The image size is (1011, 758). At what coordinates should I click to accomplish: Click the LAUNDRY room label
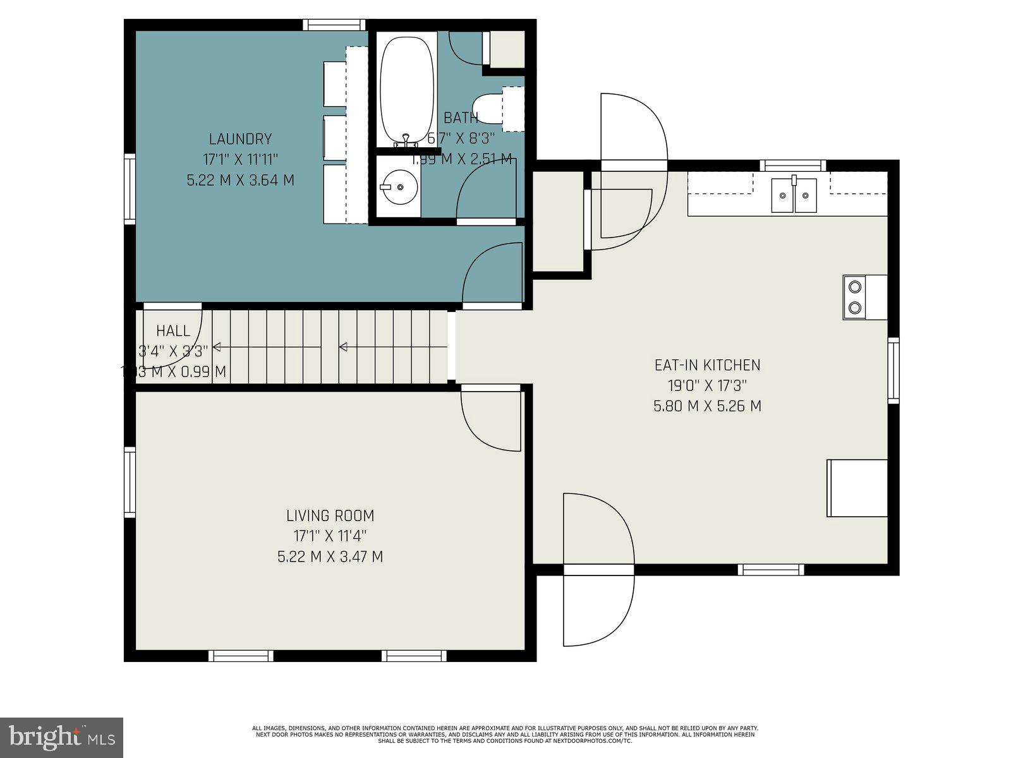[x=240, y=139]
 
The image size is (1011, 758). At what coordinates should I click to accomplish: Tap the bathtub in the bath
[x=406, y=88]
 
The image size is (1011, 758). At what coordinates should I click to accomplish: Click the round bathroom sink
[x=398, y=187]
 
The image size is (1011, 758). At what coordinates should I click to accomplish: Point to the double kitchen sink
[x=794, y=195]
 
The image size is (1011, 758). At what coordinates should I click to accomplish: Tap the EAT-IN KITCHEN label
[x=707, y=365]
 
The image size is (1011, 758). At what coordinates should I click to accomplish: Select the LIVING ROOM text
[x=330, y=515]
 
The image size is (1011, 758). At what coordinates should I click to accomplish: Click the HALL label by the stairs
[x=173, y=330]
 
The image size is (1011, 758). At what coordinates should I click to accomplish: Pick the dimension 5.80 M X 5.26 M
[x=707, y=406]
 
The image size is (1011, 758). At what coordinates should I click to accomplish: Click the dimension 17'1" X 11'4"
[x=330, y=536]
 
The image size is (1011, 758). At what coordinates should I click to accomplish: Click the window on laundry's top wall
[x=334, y=25]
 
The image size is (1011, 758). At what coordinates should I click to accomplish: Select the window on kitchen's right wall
[x=893, y=370]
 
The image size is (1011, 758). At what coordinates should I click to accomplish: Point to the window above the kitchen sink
[x=792, y=165]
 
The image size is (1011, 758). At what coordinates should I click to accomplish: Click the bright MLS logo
[x=61, y=737]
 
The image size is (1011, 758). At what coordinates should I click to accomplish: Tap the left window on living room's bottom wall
[x=241, y=656]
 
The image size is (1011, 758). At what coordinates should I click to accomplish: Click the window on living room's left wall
[x=130, y=482]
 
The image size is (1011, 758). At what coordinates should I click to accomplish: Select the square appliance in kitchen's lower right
[x=857, y=488]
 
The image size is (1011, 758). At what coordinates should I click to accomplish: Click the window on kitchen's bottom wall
[x=771, y=569]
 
